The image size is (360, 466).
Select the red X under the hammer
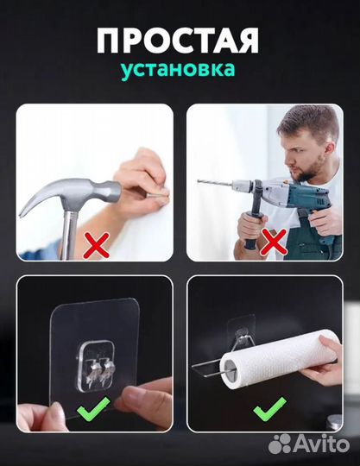(97, 245)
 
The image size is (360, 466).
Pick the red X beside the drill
(275, 247)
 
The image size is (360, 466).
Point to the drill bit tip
(200, 182)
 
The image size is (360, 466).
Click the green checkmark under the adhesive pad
(92, 407)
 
